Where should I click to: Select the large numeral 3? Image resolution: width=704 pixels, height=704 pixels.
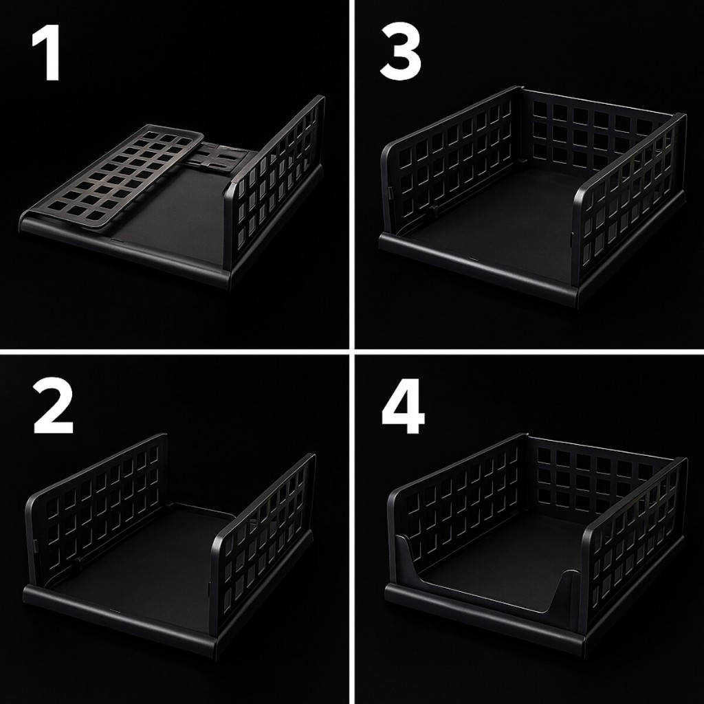pyautogui.click(x=401, y=52)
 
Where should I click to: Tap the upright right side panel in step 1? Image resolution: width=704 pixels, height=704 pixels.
pyautogui.click(x=274, y=184)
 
